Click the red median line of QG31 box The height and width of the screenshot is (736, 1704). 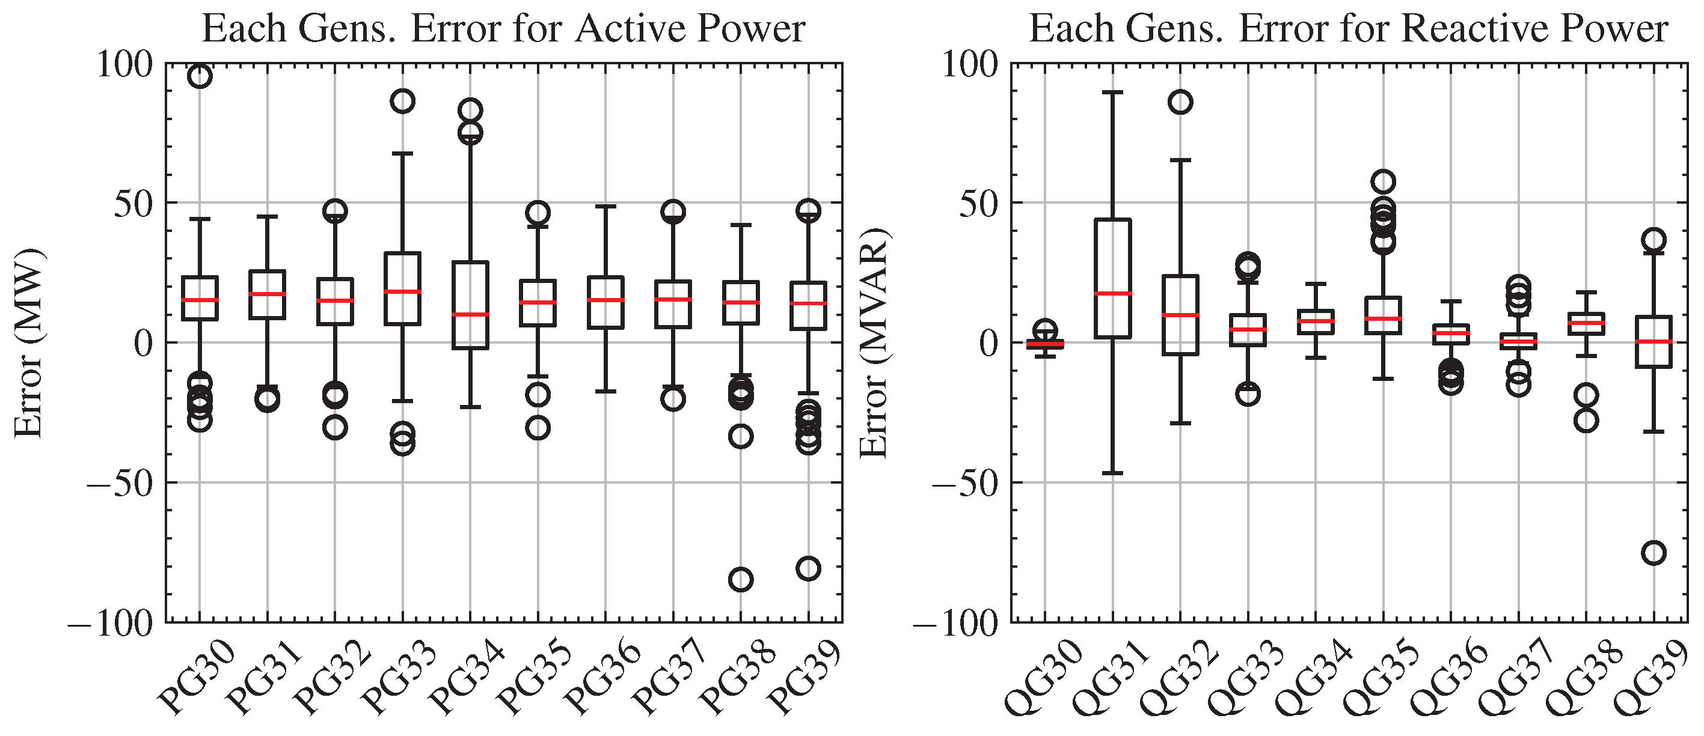pyautogui.click(x=1112, y=293)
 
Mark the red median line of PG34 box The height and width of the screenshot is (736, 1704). pyautogui.click(x=470, y=314)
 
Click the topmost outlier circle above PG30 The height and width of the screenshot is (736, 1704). pyautogui.click(x=200, y=76)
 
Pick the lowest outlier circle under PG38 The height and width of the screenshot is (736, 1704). pyautogui.click(x=740, y=580)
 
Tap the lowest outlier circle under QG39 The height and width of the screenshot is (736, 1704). pyautogui.click(x=1653, y=553)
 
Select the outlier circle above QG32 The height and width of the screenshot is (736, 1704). pyautogui.click(x=1181, y=102)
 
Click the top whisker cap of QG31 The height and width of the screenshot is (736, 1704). pyautogui.click(x=1112, y=93)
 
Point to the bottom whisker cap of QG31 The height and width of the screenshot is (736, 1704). pyautogui.click(x=1112, y=473)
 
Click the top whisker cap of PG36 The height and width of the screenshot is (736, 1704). pyautogui.click(x=606, y=206)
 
